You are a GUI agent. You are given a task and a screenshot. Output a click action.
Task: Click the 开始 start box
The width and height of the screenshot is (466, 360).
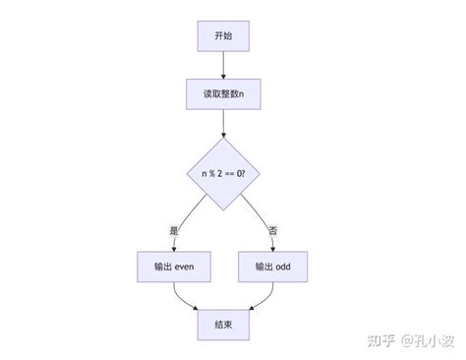pos(223,37)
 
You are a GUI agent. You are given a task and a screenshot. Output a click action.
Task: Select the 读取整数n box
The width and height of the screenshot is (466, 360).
pos(223,94)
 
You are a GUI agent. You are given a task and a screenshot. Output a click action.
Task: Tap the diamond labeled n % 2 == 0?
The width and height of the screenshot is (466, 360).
pos(223,174)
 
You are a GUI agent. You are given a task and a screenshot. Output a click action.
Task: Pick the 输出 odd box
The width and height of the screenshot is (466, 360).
pos(272,267)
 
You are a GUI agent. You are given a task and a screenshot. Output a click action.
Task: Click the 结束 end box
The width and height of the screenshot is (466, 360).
pos(223,324)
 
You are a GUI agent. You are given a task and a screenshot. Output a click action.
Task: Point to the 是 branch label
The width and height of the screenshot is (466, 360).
pos(174,230)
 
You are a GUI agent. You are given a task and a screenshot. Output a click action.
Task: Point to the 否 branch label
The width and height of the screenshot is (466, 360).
pos(272,230)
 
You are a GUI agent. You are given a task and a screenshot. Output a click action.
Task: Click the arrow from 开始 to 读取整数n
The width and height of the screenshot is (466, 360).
pos(223,66)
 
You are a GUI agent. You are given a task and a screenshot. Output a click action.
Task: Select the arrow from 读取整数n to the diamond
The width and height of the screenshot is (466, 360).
pos(223,123)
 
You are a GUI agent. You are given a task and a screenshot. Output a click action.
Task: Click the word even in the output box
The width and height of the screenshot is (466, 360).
pos(186,267)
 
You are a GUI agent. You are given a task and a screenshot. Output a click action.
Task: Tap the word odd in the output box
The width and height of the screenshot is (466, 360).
pos(283,267)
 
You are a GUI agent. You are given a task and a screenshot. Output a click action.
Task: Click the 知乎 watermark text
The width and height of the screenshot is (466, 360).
pos(382,339)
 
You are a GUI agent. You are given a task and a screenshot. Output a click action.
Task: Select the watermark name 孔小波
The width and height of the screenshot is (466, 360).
pos(438,339)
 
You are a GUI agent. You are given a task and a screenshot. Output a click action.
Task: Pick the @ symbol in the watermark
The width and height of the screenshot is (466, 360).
pos(407,339)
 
